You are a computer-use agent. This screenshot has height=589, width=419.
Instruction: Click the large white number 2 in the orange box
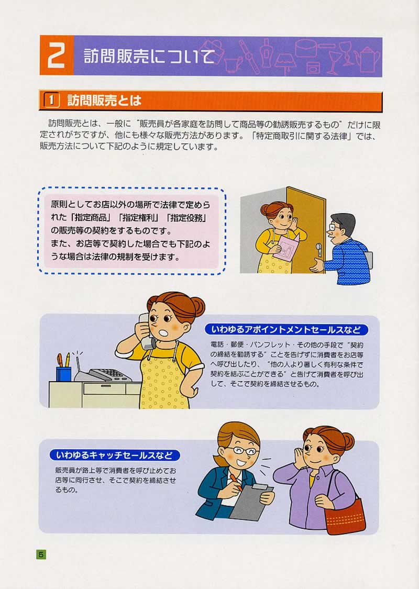tap(56, 55)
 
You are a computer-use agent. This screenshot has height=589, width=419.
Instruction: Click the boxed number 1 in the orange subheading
tap(51, 101)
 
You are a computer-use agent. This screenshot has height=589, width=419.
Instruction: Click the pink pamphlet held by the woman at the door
tap(286, 248)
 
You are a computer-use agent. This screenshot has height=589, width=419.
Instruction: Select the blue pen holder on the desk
tap(63, 373)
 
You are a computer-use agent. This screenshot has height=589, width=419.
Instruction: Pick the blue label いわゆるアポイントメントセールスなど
tap(286, 330)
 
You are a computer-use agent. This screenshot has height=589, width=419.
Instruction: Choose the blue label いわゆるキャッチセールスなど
tap(114, 455)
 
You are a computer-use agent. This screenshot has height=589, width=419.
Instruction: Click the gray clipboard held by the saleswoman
tap(251, 502)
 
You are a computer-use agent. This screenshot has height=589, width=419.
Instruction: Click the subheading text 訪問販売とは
tap(104, 101)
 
